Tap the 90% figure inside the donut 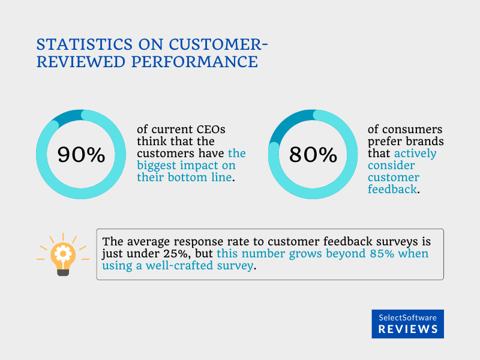pyautogui.click(x=81, y=155)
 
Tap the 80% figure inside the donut pyautogui.click(x=313, y=155)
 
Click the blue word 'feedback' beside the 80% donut pyautogui.click(x=391, y=190)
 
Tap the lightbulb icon pyautogui.click(x=63, y=254)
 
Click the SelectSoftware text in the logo pyautogui.click(x=408, y=317)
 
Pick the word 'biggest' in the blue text pyautogui.click(x=158, y=166)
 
